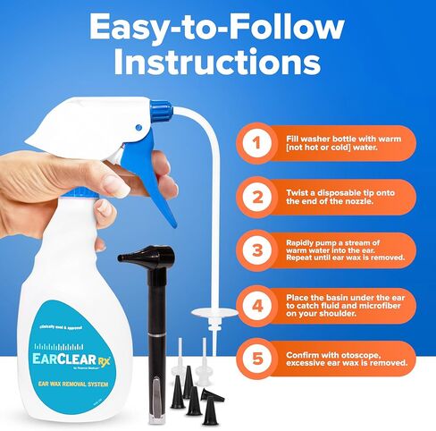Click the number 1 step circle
[256, 142]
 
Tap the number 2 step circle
[256, 197]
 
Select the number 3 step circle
[256, 251]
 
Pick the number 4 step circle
[256, 305]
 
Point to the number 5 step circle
[256, 359]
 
